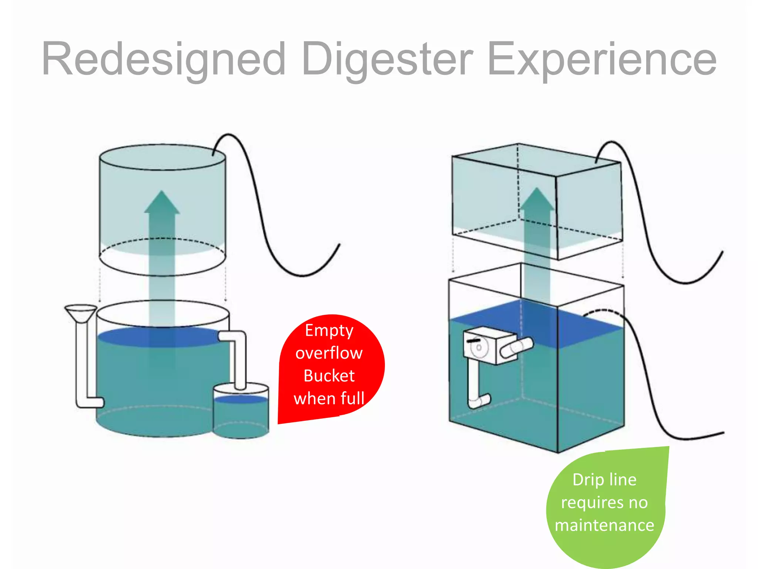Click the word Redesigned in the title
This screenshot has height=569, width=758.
click(x=163, y=59)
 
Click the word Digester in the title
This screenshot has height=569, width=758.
click(x=387, y=59)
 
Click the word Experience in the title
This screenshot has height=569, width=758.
click(x=602, y=59)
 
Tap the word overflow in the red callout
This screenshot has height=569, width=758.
click(x=329, y=353)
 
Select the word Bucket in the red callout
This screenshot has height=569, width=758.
click(x=329, y=376)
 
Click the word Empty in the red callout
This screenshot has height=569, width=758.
click(x=329, y=330)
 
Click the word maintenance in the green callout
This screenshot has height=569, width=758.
click(x=604, y=525)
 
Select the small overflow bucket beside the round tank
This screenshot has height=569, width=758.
click(x=241, y=411)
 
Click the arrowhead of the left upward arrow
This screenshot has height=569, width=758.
click(x=162, y=203)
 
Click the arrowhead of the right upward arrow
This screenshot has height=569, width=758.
click(x=537, y=200)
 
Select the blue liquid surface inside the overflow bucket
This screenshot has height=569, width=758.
click(x=241, y=399)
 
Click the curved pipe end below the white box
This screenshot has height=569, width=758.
click(x=480, y=401)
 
